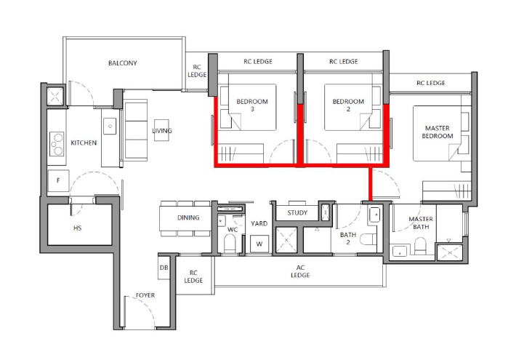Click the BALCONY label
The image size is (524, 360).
click(x=123, y=63)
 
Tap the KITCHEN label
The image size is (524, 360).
click(x=84, y=143)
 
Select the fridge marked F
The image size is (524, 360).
click(x=58, y=181)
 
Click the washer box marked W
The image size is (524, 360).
click(x=259, y=244)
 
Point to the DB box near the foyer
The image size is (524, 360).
click(x=164, y=268)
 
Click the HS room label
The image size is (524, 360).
click(x=77, y=228)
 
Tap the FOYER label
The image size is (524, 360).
click(x=145, y=295)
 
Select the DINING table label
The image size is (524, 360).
click(x=188, y=217)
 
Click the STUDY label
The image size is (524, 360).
click(x=297, y=213)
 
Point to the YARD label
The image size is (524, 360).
click(x=259, y=223)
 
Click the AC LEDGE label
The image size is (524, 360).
click(x=300, y=271)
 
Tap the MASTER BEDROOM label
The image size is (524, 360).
click(x=437, y=132)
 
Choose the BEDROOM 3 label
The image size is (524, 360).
click(x=252, y=105)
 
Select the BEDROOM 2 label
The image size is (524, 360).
click(x=348, y=105)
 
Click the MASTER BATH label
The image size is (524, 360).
click(x=421, y=223)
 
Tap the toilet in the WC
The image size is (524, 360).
click(x=230, y=243)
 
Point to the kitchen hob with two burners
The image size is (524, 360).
click(x=57, y=144)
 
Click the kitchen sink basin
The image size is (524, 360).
click(x=110, y=126)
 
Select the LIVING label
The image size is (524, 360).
click(x=162, y=131)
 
